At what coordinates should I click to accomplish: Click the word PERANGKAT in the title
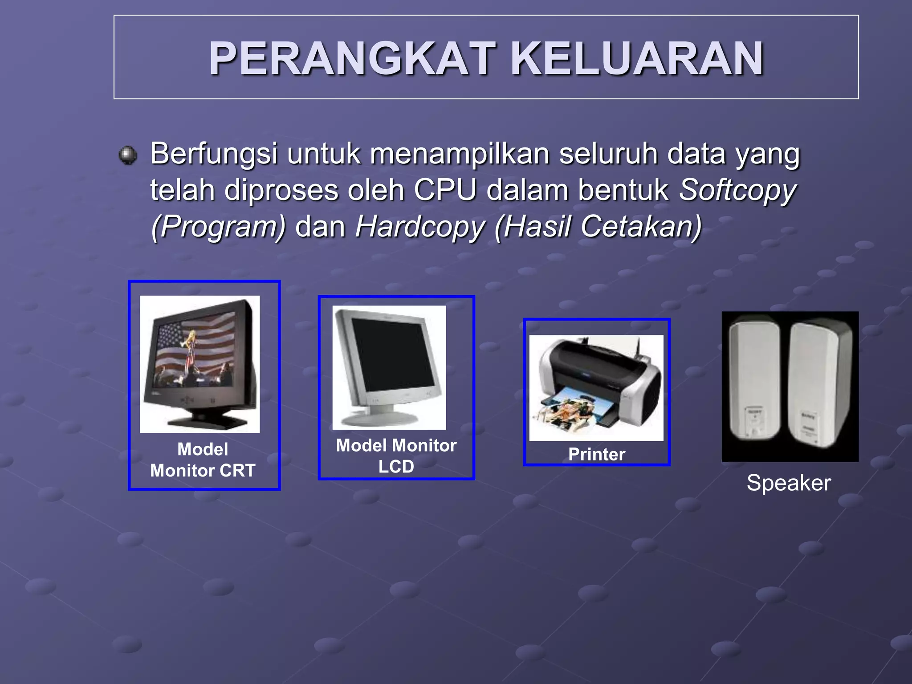(352, 59)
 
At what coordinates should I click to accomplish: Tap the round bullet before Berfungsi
(128, 155)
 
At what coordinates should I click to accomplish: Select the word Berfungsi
(214, 154)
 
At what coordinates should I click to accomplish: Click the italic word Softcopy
(737, 191)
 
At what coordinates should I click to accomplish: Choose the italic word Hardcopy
(419, 227)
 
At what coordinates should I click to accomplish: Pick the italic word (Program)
(218, 227)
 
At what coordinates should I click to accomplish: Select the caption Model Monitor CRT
(203, 460)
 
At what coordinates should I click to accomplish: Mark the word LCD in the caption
(396, 467)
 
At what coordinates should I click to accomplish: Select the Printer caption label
(597, 455)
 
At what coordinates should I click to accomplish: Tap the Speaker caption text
(789, 483)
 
